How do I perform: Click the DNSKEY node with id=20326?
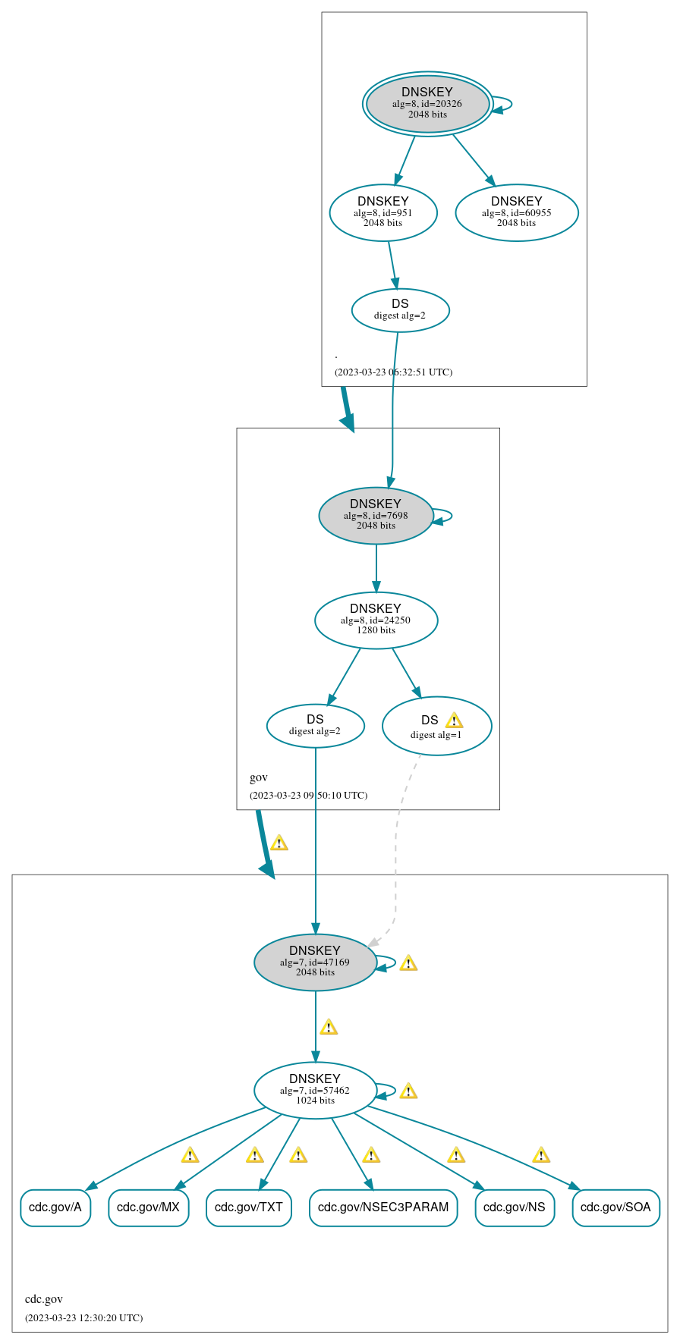(x=427, y=104)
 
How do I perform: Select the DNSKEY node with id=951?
(x=383, y=213)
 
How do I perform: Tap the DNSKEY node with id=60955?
(x=517, y=213)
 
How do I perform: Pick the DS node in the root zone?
(x=401, y=310)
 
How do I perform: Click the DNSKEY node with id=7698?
(x=376, y=516)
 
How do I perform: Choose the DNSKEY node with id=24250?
(x=376, y=620)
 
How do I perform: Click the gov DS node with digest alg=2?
(x=315, y=726)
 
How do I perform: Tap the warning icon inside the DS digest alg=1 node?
(x=454, y=721)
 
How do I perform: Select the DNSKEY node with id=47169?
(x=315, y=962)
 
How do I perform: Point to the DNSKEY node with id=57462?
(x=315, y=1091)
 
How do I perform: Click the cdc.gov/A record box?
(x=55, y=1207)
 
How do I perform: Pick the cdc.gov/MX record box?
(x=148, y=1207)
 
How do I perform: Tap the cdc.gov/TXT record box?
(x=249, y=1207)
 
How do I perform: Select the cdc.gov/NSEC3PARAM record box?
(x=383, y=1207)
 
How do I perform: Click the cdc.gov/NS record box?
(x=515, y=1207)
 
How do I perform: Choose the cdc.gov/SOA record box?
(x=615, y=1207)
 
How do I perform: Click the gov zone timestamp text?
(x=308, y=796)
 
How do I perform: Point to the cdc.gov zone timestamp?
(x=83, y=1317)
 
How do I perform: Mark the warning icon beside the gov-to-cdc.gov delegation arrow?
(x=279, y=843)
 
